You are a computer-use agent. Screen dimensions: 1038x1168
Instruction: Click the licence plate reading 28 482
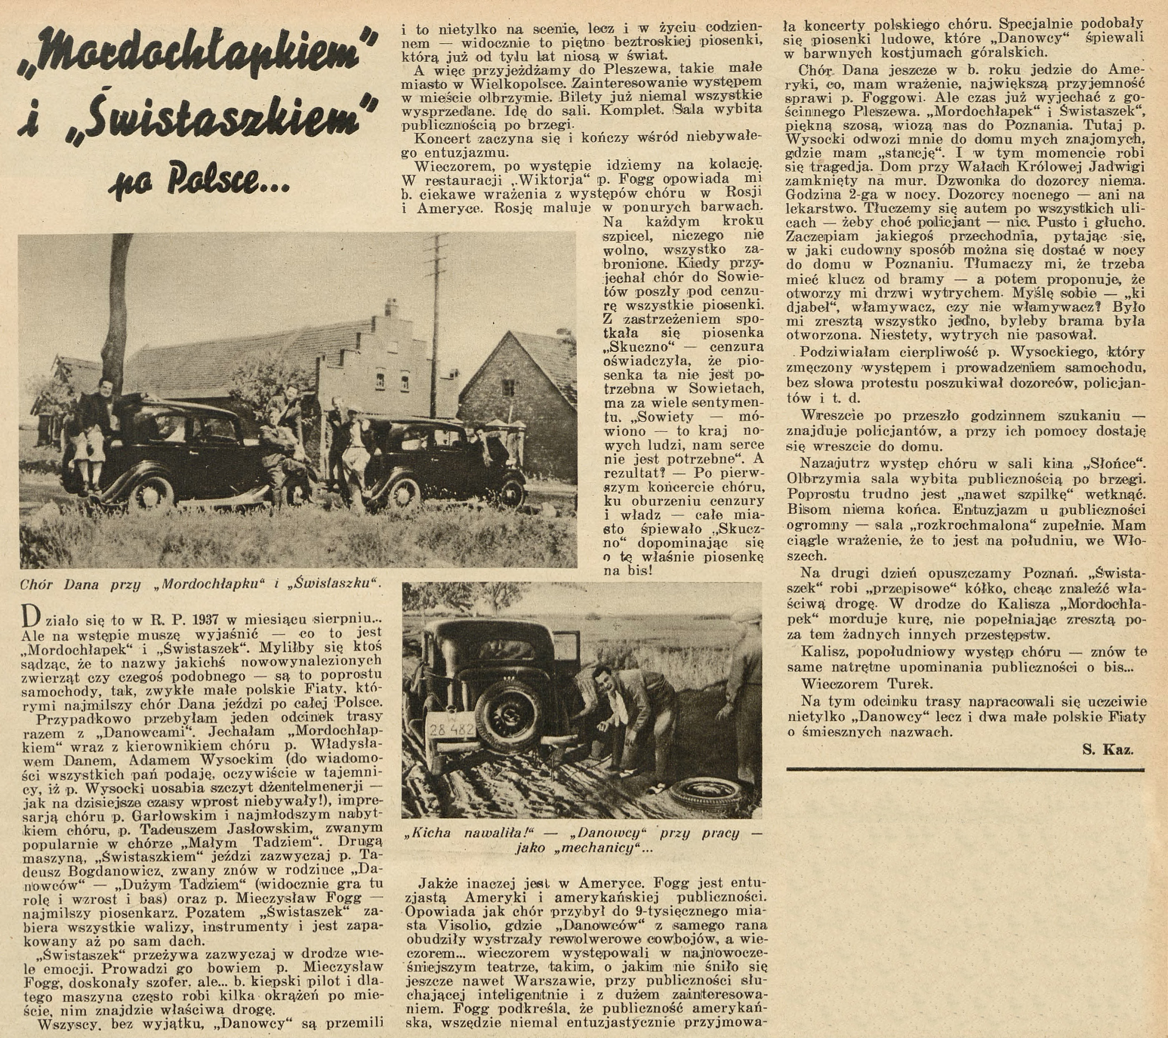tap(451, 730)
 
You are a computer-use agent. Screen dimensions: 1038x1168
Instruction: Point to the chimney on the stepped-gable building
tap(390, 307)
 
